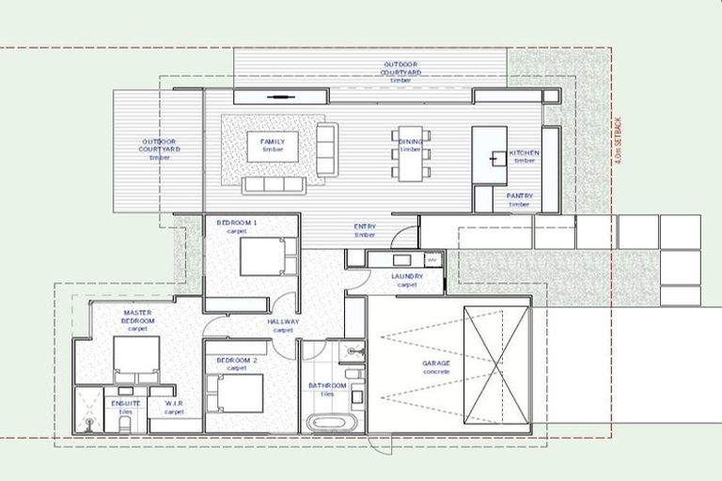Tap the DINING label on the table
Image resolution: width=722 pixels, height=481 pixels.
pyautogui.click(x=410, y=145)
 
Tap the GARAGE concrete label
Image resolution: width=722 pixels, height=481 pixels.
pyautogui.click(x=436, y=367)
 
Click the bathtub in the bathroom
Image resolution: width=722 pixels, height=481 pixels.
pyautogui.click(x=331, y=422)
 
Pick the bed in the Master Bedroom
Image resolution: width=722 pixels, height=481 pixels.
pyautogui.click(x=137, y=356)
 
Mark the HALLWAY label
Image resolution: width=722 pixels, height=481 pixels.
pyautogui.click(x=283, y=325)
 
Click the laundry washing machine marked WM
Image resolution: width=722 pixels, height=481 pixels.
pyautogui.click(x=432, y=258)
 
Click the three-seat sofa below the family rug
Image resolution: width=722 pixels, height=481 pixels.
pyautogui.click(x=275, y=185)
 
